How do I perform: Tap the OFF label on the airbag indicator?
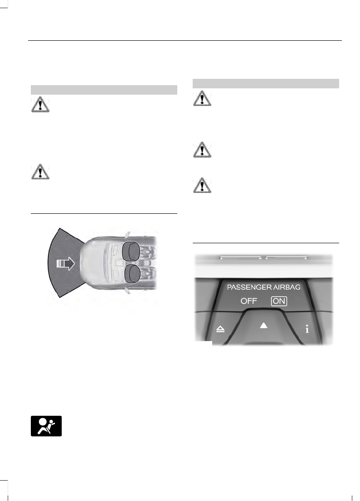(x=249, y=301)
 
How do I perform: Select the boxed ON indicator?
(x=279, y=301)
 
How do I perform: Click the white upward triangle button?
(x=263, y=325)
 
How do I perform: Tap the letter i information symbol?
(x=307, y=329)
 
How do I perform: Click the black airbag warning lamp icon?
(x=46, y=426)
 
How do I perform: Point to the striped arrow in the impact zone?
(x=66, y=263)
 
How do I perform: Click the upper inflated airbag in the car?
(x=131, y=251)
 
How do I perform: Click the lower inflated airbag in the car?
(x=132, y=274)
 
